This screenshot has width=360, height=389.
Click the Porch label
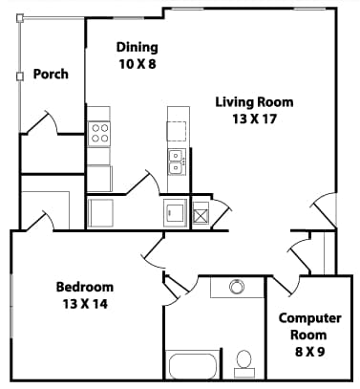click(x=51, y=74)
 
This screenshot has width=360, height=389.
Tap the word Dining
click(x=137, y=47)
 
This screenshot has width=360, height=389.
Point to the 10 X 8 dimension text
click(x=137, y=63)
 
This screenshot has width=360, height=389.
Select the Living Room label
click(x=253, y=102)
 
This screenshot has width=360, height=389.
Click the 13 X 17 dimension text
click(x=253, y=119)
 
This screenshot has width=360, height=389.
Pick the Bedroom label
click(x=84, y=287)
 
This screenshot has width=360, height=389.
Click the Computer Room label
click(x=303, y=326)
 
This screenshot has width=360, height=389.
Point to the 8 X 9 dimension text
click(x=303, y=352)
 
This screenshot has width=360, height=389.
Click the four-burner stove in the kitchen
click(x=99, y=134)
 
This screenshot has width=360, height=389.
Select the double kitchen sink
click(x=177, y=162)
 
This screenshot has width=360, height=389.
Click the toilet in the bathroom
click(x=244, y=361)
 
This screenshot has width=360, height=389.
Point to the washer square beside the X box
click(x=174, y=212)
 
